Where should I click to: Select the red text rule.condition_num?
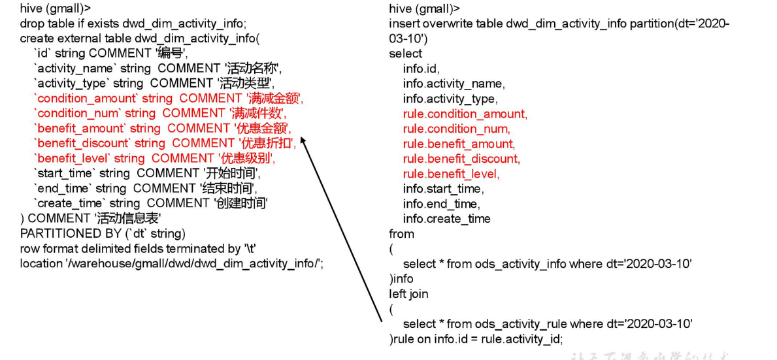456,129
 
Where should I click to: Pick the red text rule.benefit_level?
451,174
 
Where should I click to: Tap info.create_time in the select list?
446,219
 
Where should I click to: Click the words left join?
408,294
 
